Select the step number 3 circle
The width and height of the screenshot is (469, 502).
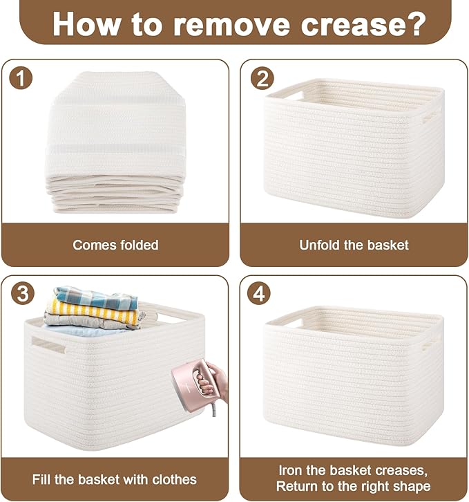point(21,294)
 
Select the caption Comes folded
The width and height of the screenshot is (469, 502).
point(115,245)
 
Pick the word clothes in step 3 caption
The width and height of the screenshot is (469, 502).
point(170,479)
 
